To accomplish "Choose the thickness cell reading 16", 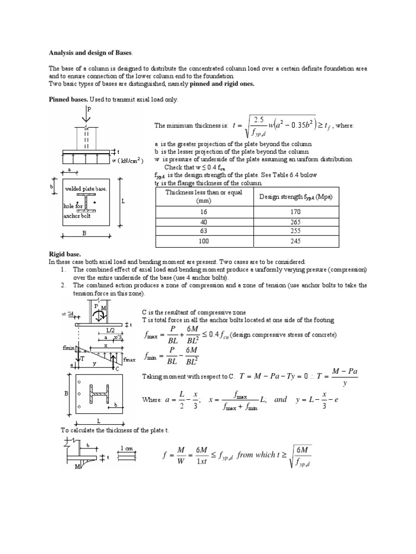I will [x=204, y=213].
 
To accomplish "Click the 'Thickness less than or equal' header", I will [x=204, y=193].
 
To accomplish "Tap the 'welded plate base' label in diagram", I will [x=86, y=189].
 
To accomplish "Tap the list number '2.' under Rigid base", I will [x=63, y=285].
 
